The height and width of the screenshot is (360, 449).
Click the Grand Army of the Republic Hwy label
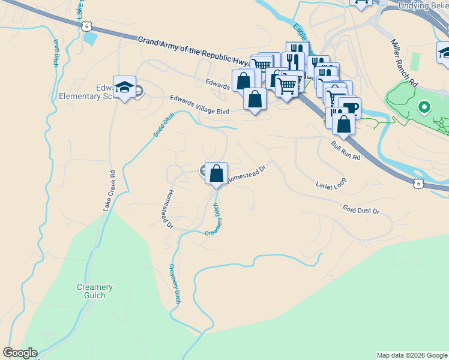[x=192, y=51]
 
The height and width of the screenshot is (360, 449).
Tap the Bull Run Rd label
[x=345, y=151]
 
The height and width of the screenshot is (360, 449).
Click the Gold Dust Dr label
[x=361, y=210]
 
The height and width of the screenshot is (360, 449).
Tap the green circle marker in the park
[x=424, y=107]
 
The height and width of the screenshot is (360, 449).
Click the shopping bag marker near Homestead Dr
[x=217, y=174]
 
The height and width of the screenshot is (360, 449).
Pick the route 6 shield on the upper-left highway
[x=88, y=26]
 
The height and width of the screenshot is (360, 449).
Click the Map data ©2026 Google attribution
[x=412, y=355]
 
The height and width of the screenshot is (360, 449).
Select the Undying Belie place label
[x=423, y=5]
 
